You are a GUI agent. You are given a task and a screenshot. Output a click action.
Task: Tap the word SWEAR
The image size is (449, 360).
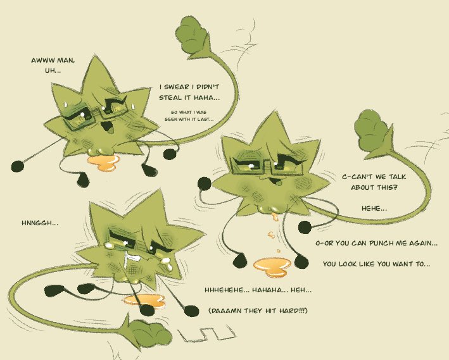point(179,87)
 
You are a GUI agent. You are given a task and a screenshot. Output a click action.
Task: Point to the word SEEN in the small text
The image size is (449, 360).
point(170,120)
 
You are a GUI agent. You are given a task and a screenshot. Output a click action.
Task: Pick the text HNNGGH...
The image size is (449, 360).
point(40,223)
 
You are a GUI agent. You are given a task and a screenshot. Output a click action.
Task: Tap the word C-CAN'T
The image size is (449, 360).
point(358,177)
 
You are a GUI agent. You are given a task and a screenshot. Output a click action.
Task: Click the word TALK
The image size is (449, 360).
point(397,177)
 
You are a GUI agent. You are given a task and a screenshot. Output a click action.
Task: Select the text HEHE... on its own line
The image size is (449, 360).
point(374,208)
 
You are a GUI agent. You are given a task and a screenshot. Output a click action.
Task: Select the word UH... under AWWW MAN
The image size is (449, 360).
point(53,71)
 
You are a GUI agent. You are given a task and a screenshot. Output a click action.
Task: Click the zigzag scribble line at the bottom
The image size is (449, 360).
point(206,333)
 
